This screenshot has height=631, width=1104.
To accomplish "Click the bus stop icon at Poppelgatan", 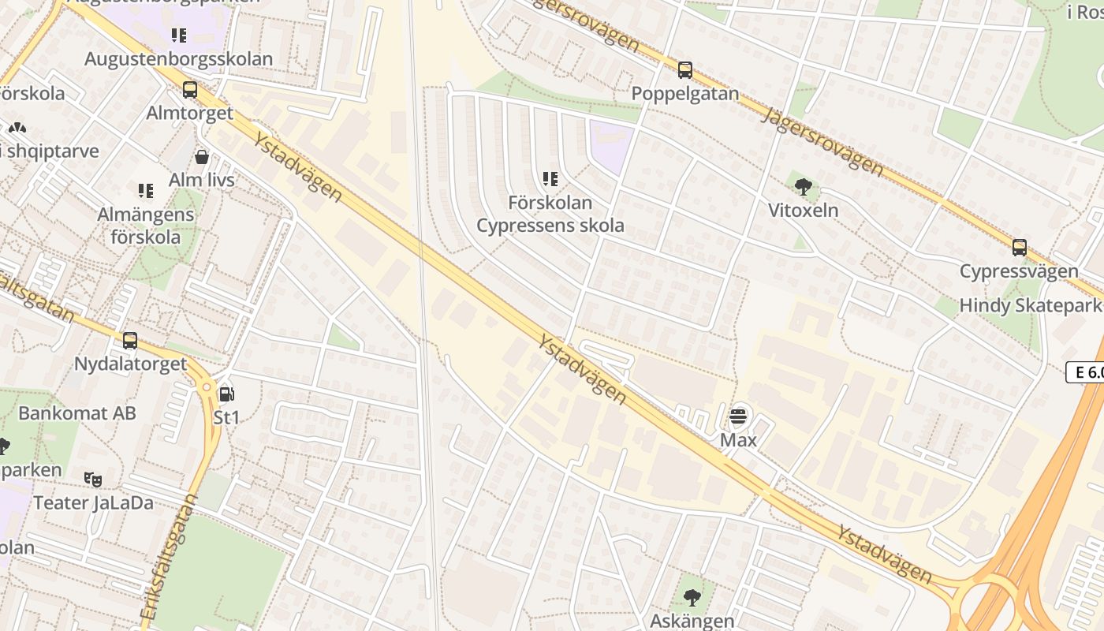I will point(684,70).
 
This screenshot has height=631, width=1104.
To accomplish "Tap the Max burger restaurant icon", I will point(738,416).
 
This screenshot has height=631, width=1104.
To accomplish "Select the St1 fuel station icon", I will point(226,394).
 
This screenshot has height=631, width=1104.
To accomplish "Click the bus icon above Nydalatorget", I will point(130,341).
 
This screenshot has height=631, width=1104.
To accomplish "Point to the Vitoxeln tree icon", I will point(804,187).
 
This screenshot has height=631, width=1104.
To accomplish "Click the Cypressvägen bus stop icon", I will point(1019,248).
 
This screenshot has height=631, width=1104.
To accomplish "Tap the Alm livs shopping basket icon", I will point(202,157).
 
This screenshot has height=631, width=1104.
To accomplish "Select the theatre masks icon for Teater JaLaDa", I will point(93,479).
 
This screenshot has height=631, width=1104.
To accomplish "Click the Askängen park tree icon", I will point(692,598).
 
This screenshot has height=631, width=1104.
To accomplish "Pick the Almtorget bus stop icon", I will point(189,90).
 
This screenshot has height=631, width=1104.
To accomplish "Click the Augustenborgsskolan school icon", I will point(179,35).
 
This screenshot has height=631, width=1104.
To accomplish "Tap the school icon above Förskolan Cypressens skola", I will point(550,179).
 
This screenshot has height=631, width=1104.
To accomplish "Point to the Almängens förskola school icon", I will point(146,191).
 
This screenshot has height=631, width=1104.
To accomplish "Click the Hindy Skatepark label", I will point(1029,306).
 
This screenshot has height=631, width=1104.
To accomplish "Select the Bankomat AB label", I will point(77,413).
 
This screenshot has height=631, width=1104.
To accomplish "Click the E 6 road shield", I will point(1086,372).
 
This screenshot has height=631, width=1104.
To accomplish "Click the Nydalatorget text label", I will point(130,364).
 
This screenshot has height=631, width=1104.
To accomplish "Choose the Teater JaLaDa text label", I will point(93,503).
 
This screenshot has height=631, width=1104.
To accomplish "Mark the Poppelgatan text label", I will point(684,94).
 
